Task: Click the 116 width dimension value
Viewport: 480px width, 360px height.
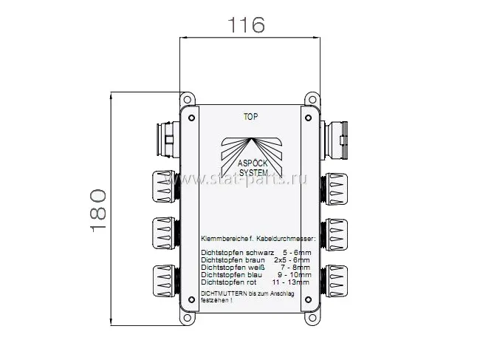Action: (247, 26)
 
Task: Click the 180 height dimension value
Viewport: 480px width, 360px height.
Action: (98, 211)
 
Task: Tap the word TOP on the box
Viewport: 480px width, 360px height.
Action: (250, 116)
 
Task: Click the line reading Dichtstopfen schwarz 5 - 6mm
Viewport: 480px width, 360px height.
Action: (256, 253)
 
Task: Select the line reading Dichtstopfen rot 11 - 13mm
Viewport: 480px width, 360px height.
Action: (256, 282)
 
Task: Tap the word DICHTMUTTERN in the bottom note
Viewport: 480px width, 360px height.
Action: (221, 294)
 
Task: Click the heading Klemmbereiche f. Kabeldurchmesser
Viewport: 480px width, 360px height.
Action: (258, 240)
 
